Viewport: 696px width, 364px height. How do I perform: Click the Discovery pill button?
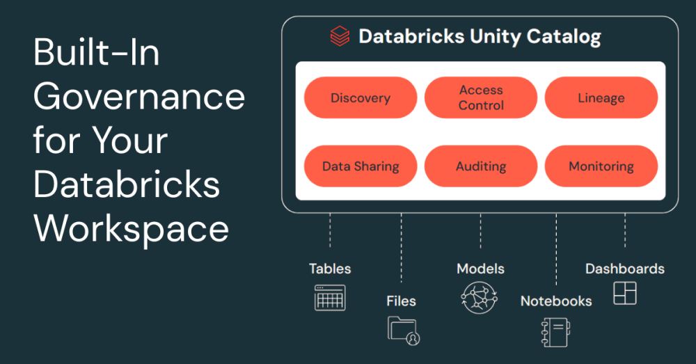[x=361, y=98]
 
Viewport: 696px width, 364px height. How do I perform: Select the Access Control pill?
[x=481, y=98]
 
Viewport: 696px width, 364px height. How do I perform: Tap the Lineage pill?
[x=601, y=98]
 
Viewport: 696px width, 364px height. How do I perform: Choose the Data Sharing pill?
[x=361, y=166]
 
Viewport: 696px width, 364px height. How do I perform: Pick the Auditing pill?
[x=481, y=166]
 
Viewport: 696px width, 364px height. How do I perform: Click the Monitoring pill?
[x=601, y=166]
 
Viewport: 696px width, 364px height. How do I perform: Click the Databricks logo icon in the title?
[x=340, y=36]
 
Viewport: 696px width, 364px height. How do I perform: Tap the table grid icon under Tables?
[x=330, y=297]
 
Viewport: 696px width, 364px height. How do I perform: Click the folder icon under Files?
[x=403, y=330]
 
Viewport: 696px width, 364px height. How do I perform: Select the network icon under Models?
[x=479, y=297]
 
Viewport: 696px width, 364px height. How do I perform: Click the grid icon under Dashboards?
[x=624, y=293]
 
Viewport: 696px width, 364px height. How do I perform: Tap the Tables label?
[x=330, y=269]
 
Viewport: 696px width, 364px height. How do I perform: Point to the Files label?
[x=401, y=301]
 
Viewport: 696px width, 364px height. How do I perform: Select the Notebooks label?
[x=556, y=301]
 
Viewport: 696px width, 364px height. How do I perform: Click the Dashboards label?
[x=624, y=269]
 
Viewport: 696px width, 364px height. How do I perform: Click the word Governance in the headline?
[x=139, y=96]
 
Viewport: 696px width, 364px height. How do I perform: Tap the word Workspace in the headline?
[x=132, y=228]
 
